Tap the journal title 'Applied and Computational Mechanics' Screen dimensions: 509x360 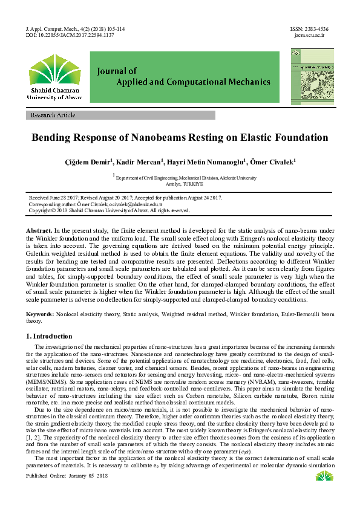184,81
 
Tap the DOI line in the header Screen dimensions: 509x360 70,35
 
